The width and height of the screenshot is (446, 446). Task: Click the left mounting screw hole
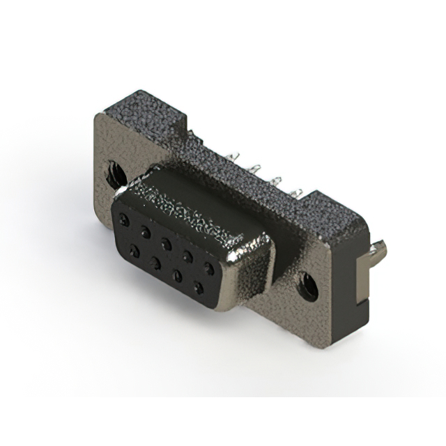tap(114, 171)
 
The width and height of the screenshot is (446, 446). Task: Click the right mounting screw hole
tap(307, 285)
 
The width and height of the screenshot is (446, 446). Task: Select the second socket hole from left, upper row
tap(145, 231)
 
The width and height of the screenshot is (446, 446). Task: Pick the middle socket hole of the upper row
tap(167, 243)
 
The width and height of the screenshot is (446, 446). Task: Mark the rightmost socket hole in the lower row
tap(199, 286)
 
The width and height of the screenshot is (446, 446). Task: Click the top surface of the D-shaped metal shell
tap(202, 199)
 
